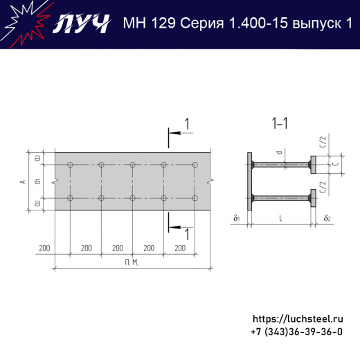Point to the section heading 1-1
[280, 124]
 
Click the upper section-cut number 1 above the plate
[186, 124]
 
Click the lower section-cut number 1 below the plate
[186, 234]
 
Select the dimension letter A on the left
[23, 181]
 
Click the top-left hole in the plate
[70, 165]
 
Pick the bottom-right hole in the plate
[195, 198]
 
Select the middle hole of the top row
[132, 165]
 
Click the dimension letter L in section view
[280, 219]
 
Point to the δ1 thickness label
[237, 219]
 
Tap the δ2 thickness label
[327, 219]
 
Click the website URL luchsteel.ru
[298, 319]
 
